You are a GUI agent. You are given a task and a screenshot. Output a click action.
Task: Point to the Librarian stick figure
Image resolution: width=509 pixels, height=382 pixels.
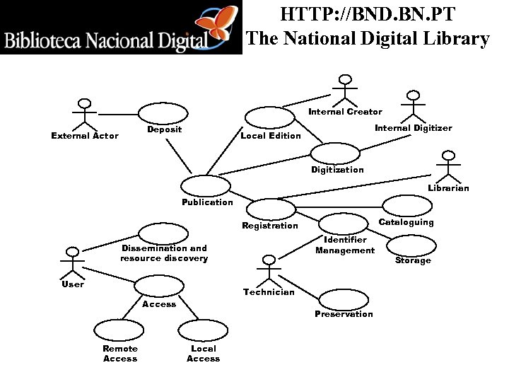point(447,168)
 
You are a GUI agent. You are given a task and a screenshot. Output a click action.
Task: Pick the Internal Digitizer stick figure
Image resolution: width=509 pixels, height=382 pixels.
point(413,107)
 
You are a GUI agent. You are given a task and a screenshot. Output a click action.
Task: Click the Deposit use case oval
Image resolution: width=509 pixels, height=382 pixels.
point(163,114)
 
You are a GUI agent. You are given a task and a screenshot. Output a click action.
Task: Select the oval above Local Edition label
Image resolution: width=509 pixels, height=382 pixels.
point(269,117)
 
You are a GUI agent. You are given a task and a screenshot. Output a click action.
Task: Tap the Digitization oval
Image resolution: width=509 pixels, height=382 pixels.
point(335,154)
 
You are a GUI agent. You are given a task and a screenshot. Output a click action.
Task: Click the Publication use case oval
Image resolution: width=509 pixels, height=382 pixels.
point(206,186)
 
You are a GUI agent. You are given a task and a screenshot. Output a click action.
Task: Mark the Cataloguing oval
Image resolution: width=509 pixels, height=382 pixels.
point(406,206)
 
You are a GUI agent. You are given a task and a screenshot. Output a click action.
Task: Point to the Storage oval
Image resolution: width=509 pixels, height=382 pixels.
point(411,244)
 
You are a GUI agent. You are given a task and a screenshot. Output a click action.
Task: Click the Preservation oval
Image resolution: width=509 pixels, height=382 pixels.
point(344,299)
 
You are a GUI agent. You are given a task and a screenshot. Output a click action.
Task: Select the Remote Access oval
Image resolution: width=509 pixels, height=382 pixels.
point(119,330)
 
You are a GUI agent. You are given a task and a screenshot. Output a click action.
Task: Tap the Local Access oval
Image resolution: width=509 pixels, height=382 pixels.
point(202,330)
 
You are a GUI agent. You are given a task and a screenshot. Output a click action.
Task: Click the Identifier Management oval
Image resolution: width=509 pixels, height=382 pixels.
point(345,222)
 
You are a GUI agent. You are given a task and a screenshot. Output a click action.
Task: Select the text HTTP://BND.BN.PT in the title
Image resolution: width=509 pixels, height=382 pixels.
point(368,14)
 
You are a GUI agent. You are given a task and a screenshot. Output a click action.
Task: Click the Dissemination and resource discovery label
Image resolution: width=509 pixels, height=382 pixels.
point(164,253)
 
